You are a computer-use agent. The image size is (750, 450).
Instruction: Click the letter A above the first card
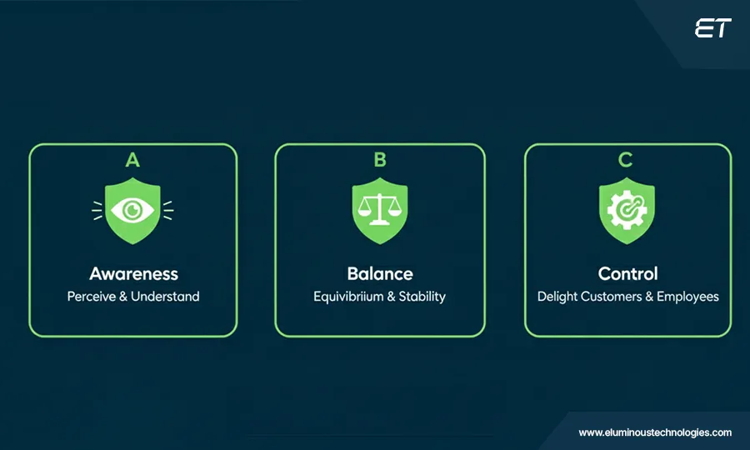point(132,159)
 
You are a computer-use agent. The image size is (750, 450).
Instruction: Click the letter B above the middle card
point(380,159)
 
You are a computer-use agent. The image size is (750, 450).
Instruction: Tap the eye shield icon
point(133,210)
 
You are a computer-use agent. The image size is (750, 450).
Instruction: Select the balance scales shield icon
point(380,210)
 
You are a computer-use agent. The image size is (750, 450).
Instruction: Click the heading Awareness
point(133,273)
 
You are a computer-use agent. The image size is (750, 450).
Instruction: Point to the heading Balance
point(380,273)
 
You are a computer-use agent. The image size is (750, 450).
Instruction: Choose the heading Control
point(628,273)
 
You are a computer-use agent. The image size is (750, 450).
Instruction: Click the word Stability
point(422,297)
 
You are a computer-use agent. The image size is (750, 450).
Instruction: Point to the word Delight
point(557,297)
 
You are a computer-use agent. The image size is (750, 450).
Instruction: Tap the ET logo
point(712,29)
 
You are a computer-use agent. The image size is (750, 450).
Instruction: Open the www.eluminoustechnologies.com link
point(655,432)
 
